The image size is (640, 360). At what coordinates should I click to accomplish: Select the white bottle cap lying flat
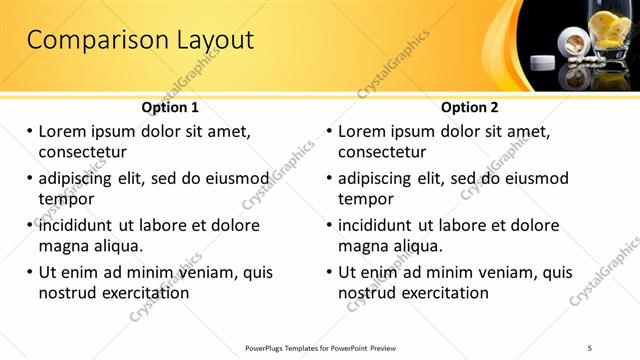(x=542, y=63)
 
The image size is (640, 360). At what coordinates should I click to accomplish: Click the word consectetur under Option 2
(x=382, y=152)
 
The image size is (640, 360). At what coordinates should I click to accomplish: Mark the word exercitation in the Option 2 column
(x=442, y=293)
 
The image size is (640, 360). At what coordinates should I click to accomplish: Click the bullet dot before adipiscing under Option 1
(x=30, y=179)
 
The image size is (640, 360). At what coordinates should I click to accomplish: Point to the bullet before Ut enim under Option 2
(x=330, y=272)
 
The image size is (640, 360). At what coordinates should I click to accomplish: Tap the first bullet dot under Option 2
(x=330, y=132)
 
